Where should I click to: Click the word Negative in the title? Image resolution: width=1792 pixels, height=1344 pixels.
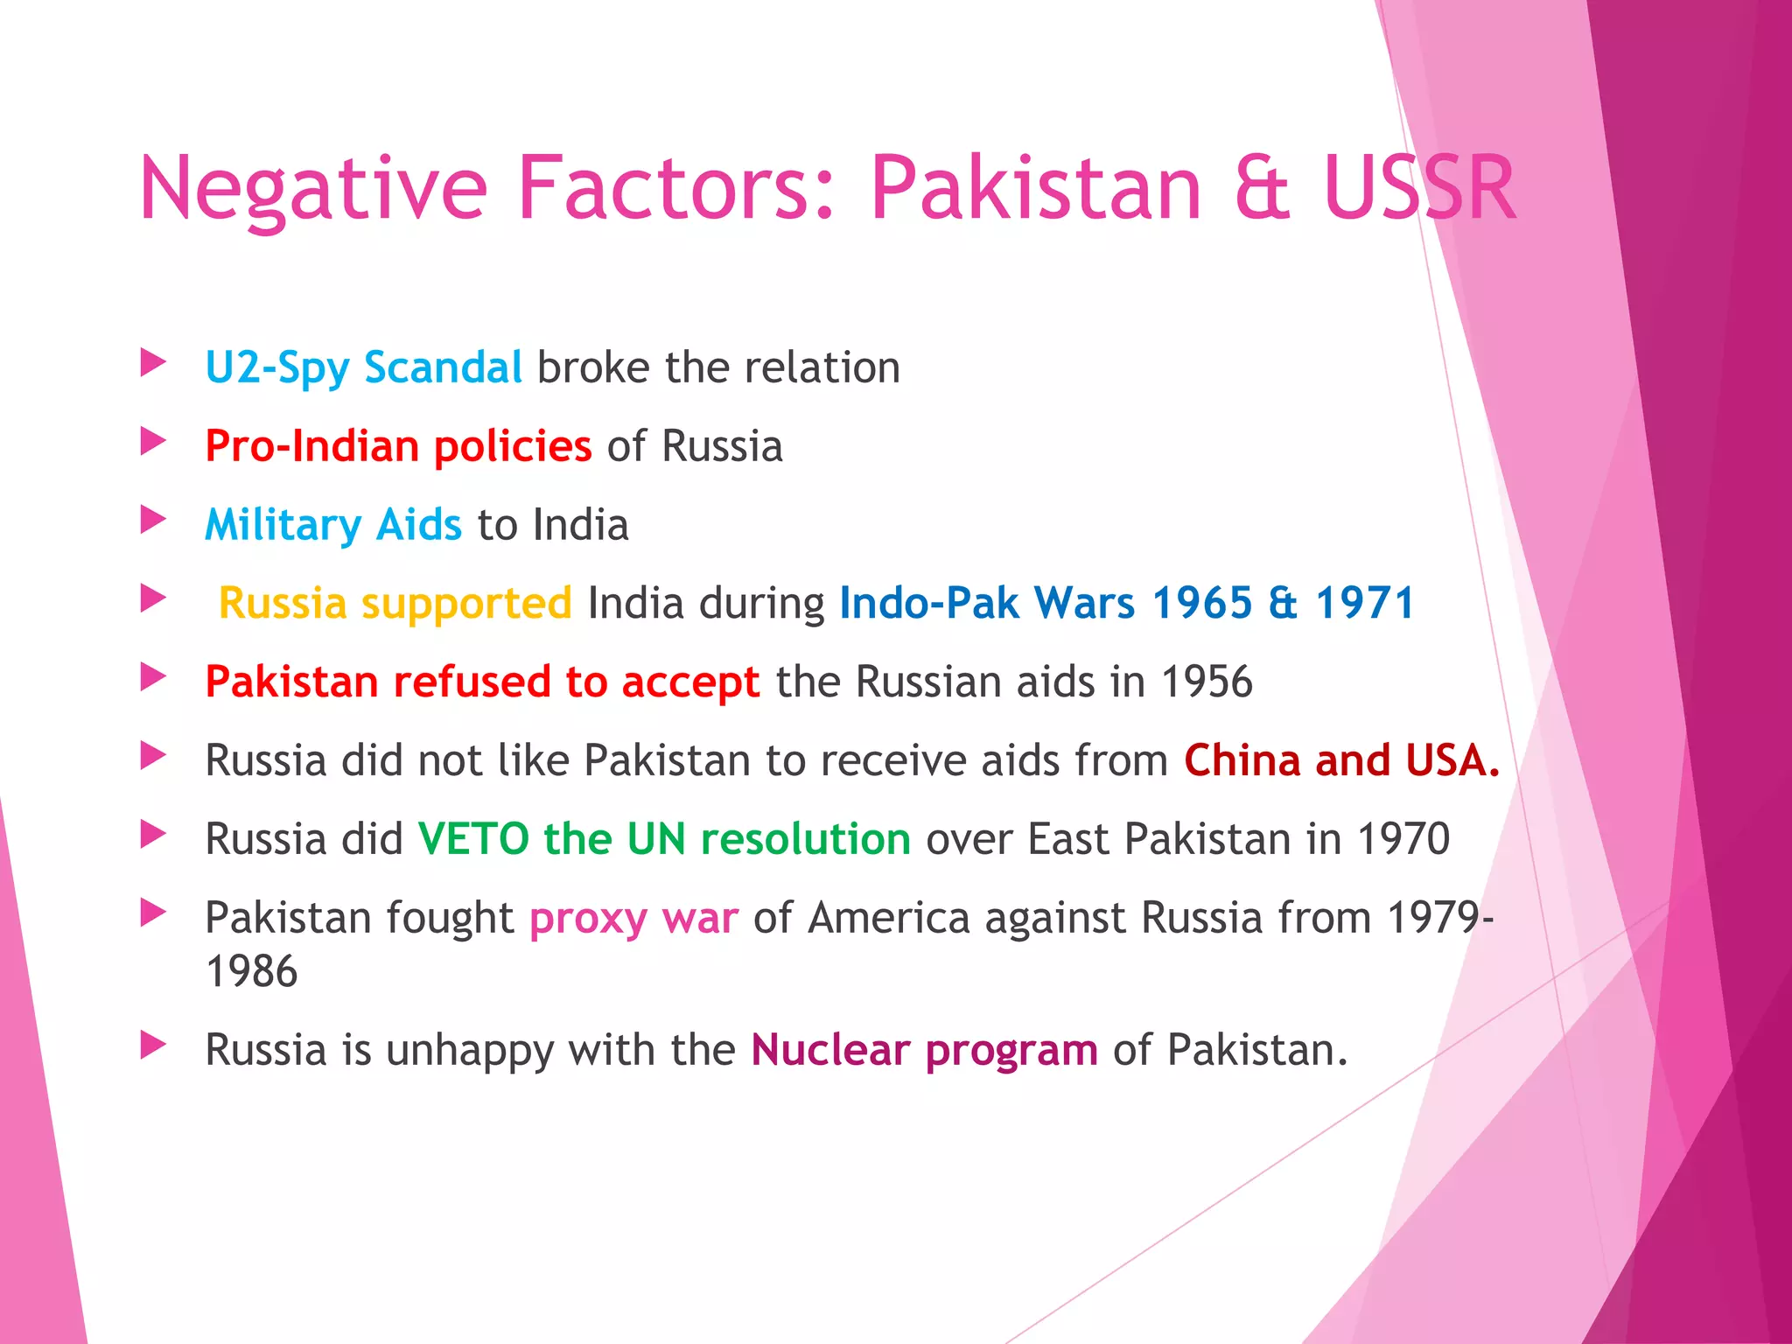point(312,188)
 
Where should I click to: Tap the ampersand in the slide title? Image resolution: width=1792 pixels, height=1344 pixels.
point(1262,188)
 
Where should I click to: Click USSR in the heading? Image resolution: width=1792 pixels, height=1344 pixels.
point(1419,188)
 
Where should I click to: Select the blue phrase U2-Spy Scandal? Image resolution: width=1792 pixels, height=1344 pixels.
point(363,367)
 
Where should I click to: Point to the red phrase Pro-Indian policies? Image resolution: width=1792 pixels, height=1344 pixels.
point(398,446)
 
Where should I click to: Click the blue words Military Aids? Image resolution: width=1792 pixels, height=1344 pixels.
point(332,525)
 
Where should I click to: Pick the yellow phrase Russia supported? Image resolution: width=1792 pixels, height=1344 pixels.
point(395,603)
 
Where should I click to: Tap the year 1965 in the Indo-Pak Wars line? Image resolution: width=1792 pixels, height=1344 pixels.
point(1202,603)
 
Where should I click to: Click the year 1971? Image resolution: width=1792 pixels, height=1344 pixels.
point(1365,603)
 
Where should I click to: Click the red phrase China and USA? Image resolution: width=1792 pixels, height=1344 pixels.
point(1341,760)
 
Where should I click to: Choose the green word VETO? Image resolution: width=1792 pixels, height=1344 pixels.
point(473,839)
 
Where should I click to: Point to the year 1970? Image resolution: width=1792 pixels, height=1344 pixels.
point(1403,839)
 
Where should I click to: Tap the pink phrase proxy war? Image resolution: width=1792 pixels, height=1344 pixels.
point(633,918)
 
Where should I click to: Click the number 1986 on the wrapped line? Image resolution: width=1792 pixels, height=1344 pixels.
point(252,972)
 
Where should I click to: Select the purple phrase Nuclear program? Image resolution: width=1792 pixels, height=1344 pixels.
point(924,1049)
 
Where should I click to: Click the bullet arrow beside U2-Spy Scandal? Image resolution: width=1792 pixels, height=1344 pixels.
point(153,362)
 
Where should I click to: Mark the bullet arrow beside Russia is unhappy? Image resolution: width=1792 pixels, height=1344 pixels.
point(153,1044)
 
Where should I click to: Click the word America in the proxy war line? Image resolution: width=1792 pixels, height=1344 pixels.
point(889,918)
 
